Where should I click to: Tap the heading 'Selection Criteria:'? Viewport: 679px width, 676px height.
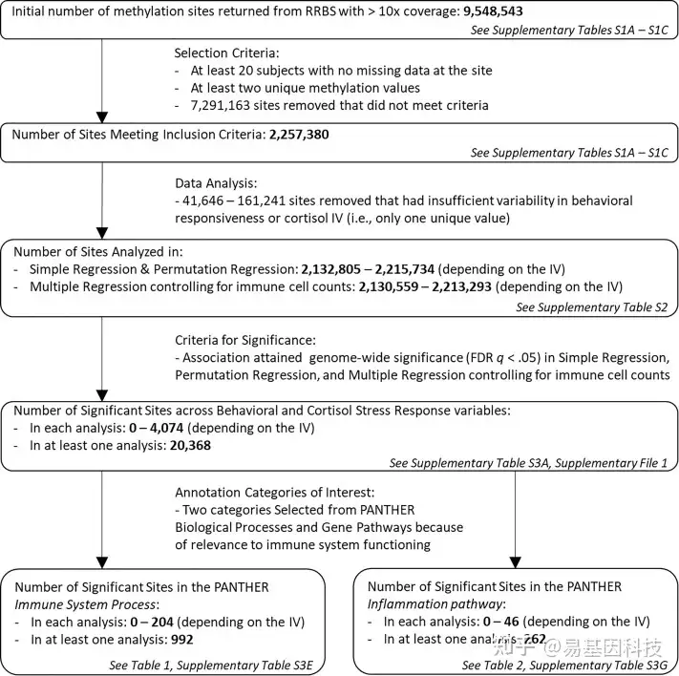tap(230, 53)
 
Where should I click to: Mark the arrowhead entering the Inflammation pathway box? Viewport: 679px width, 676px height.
tap(516, 561)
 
